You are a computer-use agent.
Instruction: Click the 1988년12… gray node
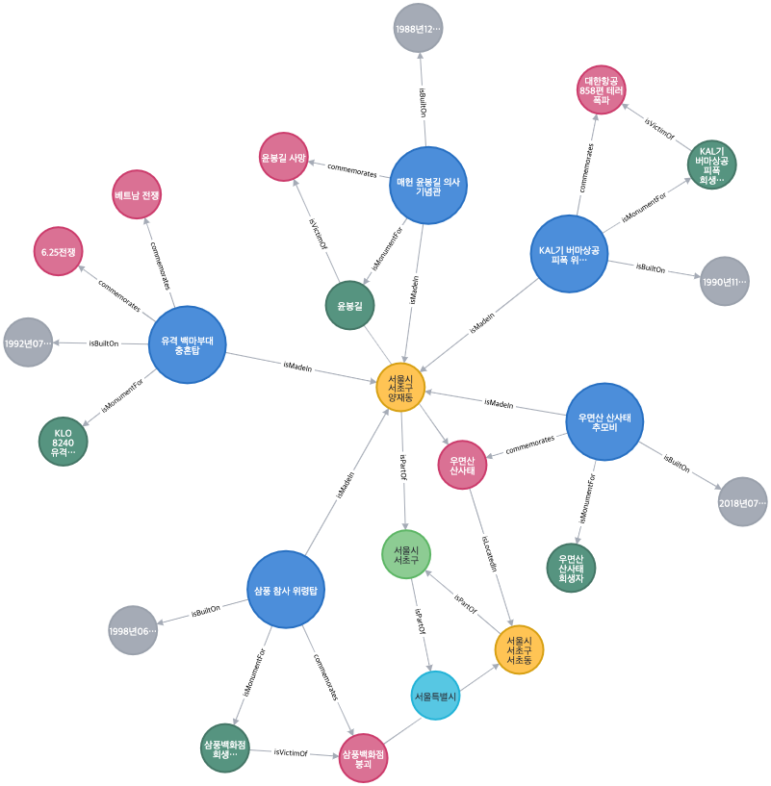click(x=418, y=29)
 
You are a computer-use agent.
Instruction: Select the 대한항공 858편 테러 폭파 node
click(x=602, y=89)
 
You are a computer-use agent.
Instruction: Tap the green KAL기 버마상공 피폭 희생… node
click(x=712, y=165)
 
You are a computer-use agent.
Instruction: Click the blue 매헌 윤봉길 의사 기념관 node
click(x=428, y=186)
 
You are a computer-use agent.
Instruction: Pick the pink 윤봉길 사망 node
click(x=284, y=158)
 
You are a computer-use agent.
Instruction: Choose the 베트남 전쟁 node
click(x=137, y=195)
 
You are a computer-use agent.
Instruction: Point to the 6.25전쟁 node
click(x=59, y=252)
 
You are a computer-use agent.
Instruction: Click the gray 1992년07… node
click(x=28, y=342)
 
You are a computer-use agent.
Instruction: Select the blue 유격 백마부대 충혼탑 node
click(x=188, y=344)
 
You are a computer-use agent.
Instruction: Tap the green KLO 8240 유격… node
click(x=64, y=442)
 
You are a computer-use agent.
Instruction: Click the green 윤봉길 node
click(x=349, y=306)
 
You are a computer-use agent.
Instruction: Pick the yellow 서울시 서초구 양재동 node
click(x=400, y=388)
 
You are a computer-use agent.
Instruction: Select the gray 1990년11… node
click(x=724, y=282)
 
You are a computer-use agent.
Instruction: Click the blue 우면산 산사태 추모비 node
click(x=604, y=421)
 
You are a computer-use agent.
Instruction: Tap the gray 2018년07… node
click(x=742, y=502)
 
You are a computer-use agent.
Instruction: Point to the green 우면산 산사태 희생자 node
click(x=571, y=568)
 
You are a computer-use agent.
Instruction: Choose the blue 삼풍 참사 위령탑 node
click(x=286, y=590)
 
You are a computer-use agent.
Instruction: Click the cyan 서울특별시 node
click(x=436, y=696)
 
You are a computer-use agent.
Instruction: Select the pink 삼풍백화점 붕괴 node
click(x=363, y=757)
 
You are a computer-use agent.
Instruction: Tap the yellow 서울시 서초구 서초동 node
click(x=519, y=649)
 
